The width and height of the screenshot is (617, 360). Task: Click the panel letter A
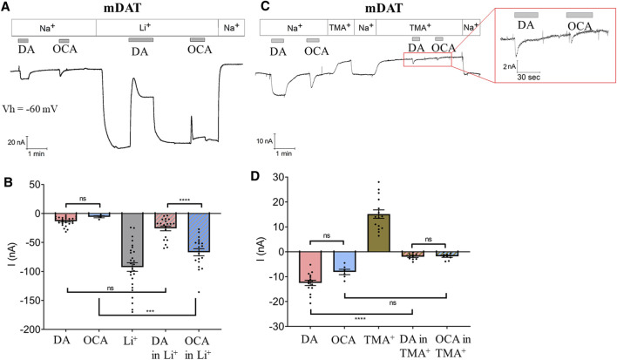pos(7,7)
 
